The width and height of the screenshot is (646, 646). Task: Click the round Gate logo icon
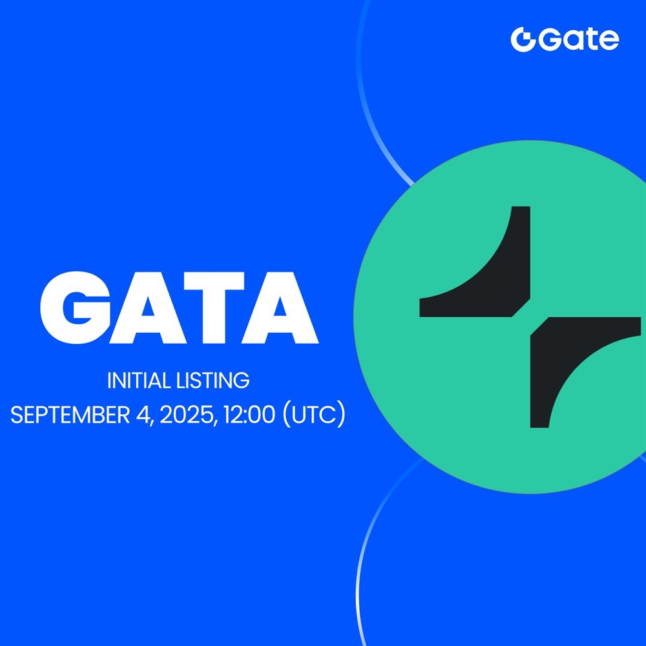523,39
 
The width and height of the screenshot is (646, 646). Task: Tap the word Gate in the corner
578,39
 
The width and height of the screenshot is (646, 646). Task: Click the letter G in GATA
76,307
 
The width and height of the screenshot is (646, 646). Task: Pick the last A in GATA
280,307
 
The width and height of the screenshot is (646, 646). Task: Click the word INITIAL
140,380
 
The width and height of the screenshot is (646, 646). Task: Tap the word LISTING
213,380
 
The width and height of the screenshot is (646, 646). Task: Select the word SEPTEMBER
70,415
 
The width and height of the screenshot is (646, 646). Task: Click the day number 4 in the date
143,415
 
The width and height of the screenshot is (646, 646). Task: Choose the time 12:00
249,415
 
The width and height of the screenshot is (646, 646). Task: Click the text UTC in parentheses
315,415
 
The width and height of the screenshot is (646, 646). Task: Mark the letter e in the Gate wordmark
608,40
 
